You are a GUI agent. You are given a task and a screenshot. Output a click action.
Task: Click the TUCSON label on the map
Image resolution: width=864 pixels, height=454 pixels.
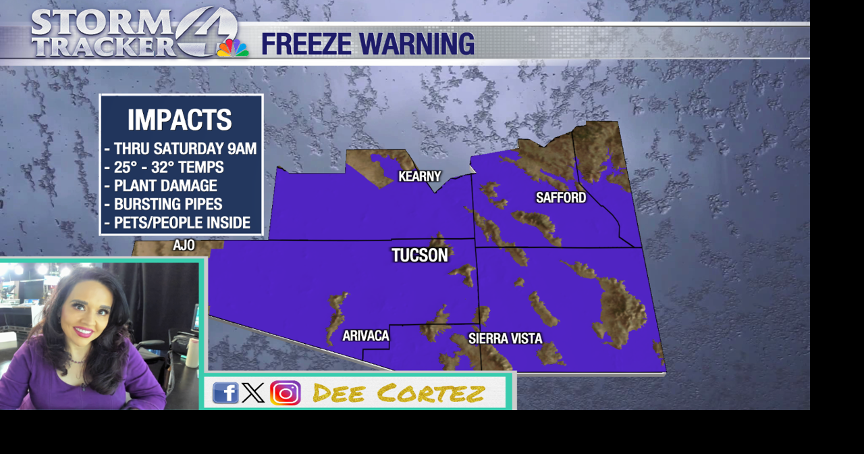420,255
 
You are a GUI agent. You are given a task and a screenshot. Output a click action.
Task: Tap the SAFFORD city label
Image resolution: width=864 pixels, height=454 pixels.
560,197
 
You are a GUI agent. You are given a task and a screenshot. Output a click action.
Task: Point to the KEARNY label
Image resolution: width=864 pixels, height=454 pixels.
419,176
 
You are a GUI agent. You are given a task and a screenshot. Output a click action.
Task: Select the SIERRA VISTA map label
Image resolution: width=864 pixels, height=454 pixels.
505,338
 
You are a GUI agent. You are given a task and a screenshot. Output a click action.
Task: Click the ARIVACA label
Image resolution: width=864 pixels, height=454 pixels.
366,336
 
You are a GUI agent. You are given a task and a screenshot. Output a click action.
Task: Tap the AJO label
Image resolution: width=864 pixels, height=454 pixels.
184,245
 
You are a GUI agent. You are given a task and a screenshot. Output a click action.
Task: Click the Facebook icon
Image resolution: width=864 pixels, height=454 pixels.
225,393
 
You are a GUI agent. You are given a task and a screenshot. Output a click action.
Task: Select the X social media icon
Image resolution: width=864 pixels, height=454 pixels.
253,393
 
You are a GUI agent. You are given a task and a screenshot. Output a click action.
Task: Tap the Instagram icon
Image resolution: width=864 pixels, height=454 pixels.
285,393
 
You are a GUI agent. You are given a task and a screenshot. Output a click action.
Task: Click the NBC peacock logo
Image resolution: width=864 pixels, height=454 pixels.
232,47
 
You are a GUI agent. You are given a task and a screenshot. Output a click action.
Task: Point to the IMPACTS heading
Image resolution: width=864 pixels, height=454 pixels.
180,120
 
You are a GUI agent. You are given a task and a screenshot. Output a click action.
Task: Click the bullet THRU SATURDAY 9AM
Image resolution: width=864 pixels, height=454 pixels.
181,149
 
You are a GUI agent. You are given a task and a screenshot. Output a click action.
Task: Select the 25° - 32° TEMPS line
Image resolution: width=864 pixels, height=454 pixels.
164,167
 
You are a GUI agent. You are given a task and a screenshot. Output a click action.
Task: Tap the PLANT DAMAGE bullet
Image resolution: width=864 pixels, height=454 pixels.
161,185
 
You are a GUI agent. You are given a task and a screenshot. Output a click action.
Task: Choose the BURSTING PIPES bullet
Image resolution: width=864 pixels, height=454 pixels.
163,204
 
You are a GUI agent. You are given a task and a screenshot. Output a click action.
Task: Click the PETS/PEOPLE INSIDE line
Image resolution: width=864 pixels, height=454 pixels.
178,222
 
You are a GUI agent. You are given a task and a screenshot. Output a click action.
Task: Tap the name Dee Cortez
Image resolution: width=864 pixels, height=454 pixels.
399,393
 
